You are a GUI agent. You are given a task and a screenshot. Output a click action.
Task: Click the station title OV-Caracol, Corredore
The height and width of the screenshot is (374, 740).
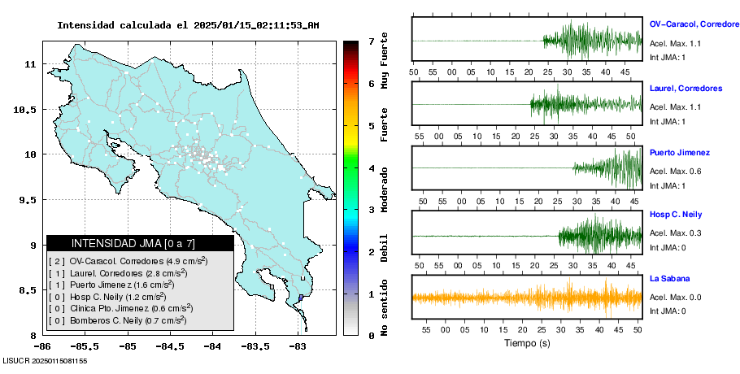click(694, 24)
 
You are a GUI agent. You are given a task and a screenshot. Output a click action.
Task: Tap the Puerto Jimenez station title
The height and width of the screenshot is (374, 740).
click(680, 152)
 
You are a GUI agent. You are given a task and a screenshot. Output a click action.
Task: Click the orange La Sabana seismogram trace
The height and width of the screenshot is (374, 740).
click(527, 297)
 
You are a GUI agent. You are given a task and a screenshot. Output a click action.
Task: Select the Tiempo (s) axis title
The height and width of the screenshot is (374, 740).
click(527, 343)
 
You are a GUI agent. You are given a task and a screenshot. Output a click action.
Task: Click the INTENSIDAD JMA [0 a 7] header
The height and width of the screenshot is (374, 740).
click(140, 243)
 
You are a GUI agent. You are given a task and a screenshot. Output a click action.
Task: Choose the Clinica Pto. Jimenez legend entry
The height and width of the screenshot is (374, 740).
click(132, 308)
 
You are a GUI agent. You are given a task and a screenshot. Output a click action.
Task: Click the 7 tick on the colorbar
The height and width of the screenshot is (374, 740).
click(370, 41)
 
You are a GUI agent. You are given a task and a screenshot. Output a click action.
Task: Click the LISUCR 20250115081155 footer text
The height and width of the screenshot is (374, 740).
click(45, 359)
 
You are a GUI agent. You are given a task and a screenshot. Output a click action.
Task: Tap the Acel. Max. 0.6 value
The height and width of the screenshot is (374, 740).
click(674, 171)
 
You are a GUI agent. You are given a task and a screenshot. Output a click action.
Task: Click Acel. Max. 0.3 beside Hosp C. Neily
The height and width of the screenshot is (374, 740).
click(674, 234)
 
